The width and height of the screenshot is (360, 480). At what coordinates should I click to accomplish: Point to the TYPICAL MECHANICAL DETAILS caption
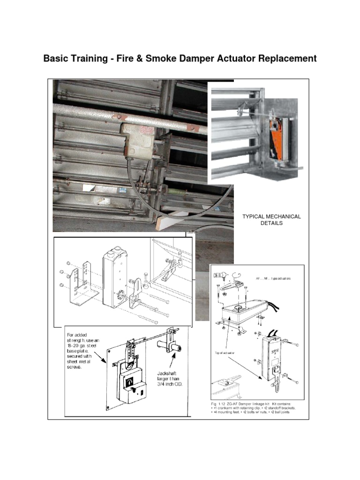(x=271, y=220)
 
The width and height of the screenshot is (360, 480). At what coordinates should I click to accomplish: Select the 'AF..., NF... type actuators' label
(x=273, y=278)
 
